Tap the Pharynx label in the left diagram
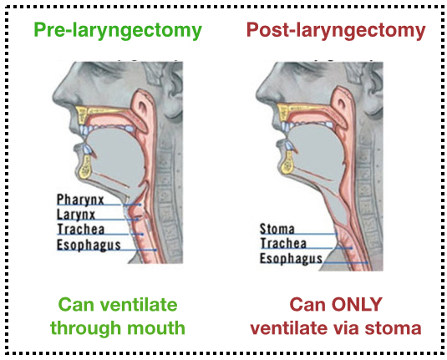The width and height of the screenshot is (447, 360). tap(80, 200)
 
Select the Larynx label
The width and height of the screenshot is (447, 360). tap(78, 215)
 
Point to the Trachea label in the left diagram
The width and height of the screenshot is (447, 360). tap(80, 230)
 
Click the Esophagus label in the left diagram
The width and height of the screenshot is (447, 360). tap(89, 245)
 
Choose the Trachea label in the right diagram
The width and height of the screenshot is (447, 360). tap(282, 244)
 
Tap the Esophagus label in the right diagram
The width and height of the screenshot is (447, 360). tap(291, 259)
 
